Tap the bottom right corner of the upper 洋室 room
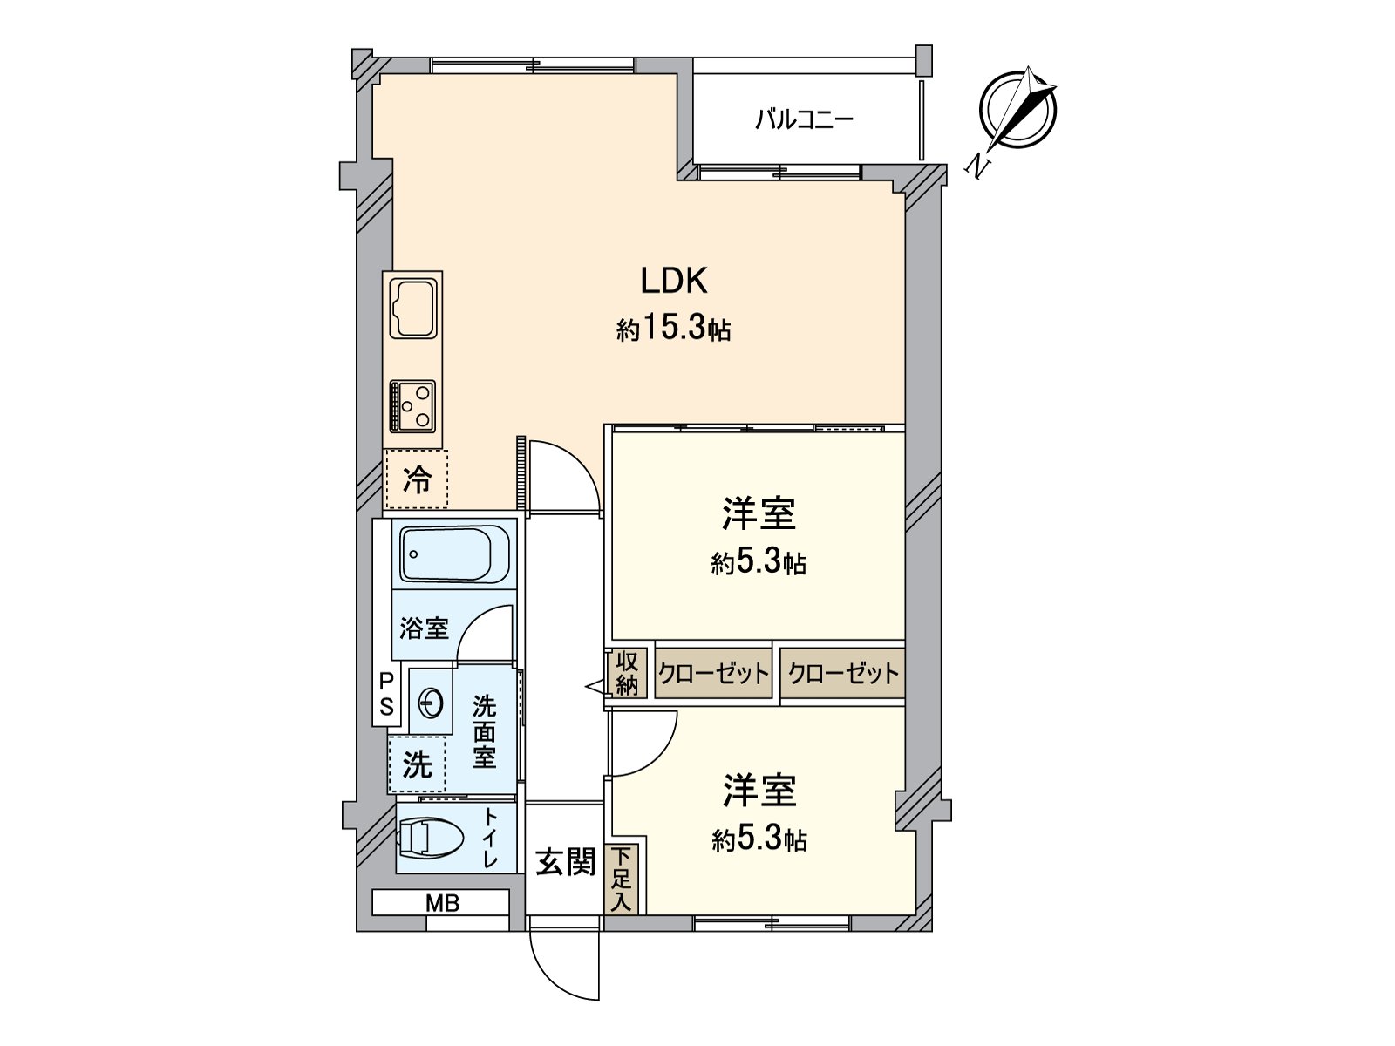904,640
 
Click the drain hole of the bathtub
413,554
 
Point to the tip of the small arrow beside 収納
586,687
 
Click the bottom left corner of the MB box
372,915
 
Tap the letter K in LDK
697,282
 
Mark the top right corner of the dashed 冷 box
447,451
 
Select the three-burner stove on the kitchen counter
412,405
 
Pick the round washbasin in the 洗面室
432,703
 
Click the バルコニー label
804,119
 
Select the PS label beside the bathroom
386,694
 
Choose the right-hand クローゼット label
843,673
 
